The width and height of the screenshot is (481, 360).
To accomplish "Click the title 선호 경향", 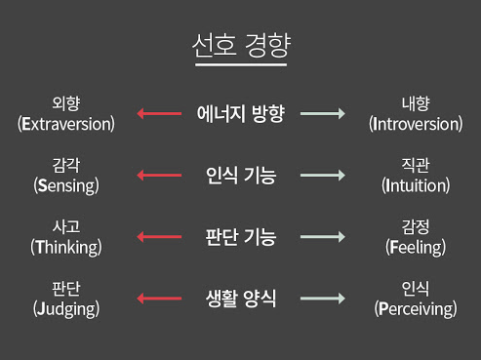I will (240, 46).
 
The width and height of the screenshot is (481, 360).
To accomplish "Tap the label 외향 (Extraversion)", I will (66, 113).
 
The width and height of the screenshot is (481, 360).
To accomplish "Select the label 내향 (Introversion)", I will (416, 113).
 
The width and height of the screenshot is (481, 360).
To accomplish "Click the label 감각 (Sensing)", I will (66, 175).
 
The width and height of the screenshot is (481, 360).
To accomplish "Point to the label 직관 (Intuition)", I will (416, 175).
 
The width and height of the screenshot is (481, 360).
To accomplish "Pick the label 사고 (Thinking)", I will (66, 237).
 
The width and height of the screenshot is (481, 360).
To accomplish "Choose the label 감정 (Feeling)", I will (416, 237).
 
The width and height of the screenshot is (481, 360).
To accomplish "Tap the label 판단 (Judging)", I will (66, 299).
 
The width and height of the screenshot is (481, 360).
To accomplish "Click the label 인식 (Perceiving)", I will (416, 299).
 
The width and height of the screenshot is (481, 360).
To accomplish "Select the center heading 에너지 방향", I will (240, 114).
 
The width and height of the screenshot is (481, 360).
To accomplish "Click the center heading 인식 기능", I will (240, 176).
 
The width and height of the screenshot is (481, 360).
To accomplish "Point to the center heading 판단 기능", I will (240, 237).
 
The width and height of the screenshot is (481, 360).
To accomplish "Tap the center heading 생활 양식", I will (240, 299).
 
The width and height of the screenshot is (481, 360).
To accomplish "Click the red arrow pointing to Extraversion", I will (159, 114).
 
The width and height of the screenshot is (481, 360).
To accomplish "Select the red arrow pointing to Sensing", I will (159, 176).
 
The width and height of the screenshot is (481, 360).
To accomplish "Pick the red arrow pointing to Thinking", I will (159, 237).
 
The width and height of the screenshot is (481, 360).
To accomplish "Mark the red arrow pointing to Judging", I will (159, 299).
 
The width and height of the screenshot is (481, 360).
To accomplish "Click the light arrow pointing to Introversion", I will (323, 114).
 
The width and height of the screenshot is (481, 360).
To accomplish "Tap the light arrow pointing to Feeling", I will (323, 237).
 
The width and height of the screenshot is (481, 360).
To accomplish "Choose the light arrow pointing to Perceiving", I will (323, 299).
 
